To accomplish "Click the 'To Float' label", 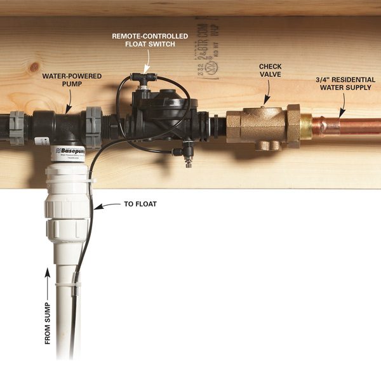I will (140, 205).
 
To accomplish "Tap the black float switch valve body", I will (159, 114).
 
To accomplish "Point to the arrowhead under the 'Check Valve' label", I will (267, 100).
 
